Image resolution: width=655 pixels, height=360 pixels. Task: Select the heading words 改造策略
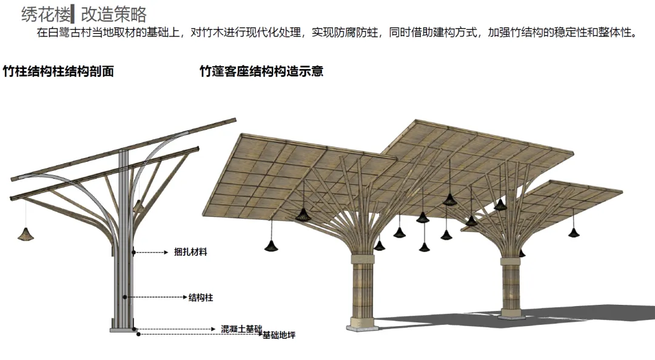pos(113,13)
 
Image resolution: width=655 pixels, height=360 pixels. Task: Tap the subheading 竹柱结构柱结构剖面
pos(58,72)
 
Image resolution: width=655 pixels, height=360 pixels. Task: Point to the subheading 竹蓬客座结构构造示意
pos(261,72)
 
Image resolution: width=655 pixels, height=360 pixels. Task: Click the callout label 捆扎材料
pos(190,252)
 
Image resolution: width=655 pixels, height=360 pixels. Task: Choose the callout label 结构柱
pos(201,298)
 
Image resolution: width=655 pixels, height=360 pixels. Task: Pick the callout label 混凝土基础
pos(241,328)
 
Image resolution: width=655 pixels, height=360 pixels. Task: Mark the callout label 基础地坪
pos(278,335)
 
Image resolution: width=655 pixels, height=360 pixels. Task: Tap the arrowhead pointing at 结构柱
pos(184,298)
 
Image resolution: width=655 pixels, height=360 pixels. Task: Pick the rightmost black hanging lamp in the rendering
pos(574,232)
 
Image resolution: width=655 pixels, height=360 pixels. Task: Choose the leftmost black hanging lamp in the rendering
pos(270,244)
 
